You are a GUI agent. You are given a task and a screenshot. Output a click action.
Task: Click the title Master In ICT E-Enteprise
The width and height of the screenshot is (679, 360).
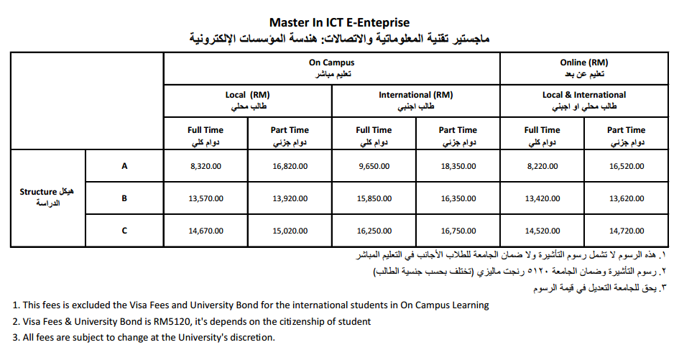tap(339, 23)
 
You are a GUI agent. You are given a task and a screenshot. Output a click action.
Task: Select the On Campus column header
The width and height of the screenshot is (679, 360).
tap(331, 63)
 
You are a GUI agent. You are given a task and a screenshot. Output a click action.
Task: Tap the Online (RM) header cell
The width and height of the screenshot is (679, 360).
tap(583, 63)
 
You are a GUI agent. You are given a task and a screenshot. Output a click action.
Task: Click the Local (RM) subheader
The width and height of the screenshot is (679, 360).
tap(247, 95)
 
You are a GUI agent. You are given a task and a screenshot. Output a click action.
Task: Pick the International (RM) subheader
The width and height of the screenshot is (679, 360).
tap(415, 95)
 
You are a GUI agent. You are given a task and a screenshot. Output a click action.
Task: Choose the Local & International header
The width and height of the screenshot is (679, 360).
tap(583, 95)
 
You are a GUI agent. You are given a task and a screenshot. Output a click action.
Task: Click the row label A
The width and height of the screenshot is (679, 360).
tap(124, 166)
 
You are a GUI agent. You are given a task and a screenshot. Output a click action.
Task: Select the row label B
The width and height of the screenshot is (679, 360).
tap(124, 198)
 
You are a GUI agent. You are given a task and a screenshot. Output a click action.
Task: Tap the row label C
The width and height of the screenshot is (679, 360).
tap(124, 231)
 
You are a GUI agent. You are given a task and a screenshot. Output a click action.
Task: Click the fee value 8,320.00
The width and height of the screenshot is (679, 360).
tap(205, 166)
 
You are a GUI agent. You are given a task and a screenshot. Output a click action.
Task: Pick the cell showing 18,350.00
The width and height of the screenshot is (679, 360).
tap(458, 166)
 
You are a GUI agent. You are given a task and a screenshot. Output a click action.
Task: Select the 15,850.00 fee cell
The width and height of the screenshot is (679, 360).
tap(374, 198)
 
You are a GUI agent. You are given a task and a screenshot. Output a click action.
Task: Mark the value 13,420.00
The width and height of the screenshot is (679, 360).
tap(542, 198)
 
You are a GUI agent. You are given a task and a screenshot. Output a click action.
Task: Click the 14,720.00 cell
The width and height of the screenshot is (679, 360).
tap(626, 231)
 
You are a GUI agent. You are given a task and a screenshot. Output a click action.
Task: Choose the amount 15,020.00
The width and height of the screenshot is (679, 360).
tap(290, 231)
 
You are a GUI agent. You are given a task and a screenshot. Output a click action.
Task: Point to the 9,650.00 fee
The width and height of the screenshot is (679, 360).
tap(374, 166)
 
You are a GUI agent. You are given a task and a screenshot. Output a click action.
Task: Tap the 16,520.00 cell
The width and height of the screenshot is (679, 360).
tap(626, 166)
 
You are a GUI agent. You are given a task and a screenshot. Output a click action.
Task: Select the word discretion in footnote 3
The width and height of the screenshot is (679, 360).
tap(249, 337)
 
